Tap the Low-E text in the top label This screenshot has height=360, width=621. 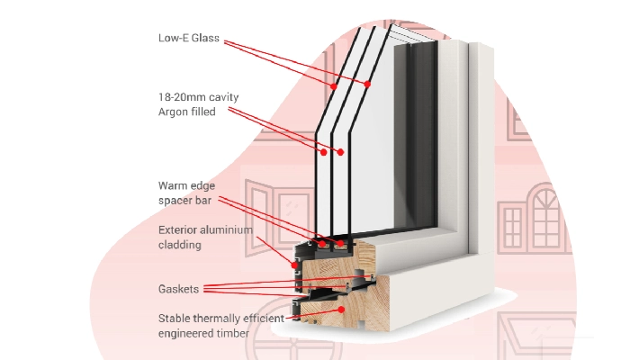coord(171,38)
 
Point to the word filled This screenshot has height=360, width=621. coord(204,112)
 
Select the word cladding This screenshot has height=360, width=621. coord(179,244)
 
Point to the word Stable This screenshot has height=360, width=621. coord(175,318)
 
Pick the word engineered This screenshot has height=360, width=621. coord(186,332)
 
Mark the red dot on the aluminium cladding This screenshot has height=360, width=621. coord(293,264)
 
